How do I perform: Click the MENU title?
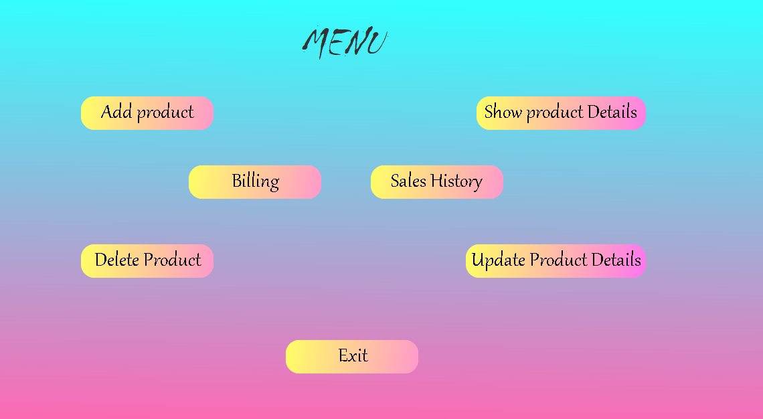[345, 42]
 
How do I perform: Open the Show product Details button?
[561, 112]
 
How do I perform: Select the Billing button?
[255, 181]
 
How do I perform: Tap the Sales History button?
[436, 181]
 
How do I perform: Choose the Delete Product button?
[147, 260]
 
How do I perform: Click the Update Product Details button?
[556, 260]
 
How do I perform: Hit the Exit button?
[352, 356]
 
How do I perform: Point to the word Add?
[116, 112]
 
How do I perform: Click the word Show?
[503, 112]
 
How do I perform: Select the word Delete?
[116, 260]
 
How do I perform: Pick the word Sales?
[408, 181]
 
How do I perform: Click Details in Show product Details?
[612, 112]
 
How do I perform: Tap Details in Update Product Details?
[616, 260]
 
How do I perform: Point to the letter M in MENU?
[317, 43]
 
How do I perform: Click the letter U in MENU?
[377, 42]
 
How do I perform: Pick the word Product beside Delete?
[172, 260]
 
